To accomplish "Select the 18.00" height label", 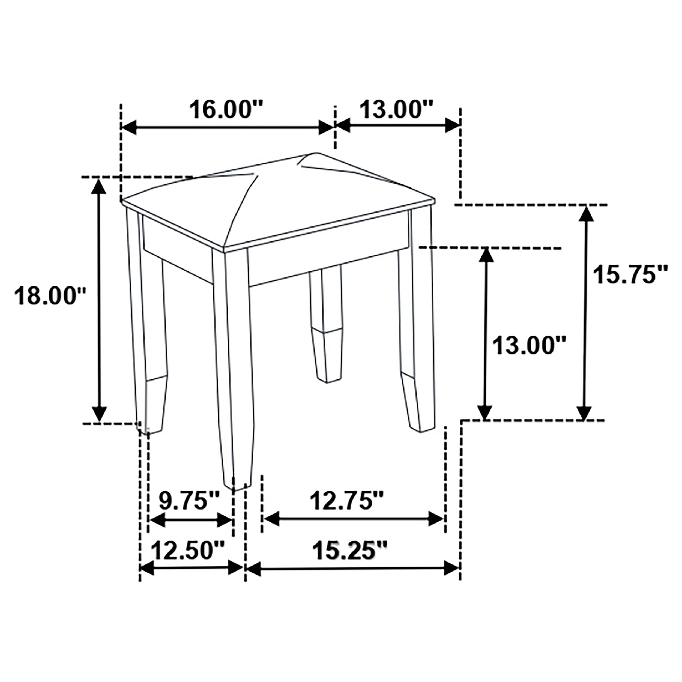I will coord(50,296).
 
